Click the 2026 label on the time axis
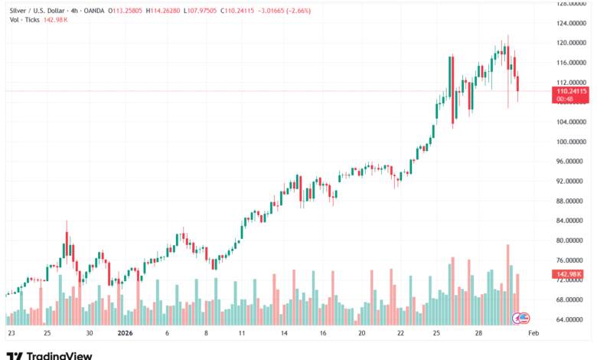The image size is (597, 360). click(x=126, y=334)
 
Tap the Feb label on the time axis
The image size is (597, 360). click(x=533, y=334)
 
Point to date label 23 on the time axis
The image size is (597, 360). click(x=11, y=334)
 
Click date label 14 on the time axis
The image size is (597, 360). click(x=282, y=334)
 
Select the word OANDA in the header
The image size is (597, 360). click(x=89, y=11)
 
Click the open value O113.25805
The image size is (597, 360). click(x=126, y=11)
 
